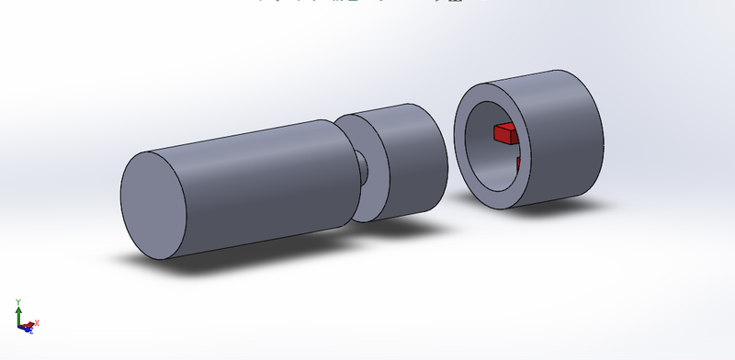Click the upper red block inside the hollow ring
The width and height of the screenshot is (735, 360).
coord(505,134)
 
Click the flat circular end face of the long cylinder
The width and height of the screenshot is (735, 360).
coord(153,205)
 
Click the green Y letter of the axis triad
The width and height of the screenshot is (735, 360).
coord(18,302)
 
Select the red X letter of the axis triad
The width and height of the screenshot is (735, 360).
coord(35,323)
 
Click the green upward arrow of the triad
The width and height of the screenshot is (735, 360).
coord(18,314)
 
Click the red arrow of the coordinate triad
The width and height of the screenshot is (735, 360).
coord(28,324)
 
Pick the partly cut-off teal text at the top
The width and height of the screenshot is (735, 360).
coord(367,3)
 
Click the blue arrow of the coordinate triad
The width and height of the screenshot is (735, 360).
coord(23,328)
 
